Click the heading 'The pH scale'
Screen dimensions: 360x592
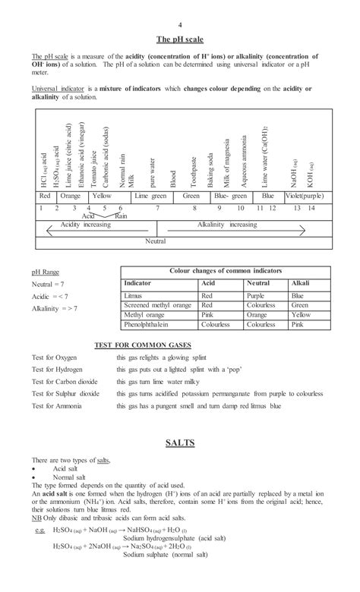pyautogui.click(x=180, y=39)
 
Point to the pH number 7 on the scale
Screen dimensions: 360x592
pyautogui.click(x=157, y=207)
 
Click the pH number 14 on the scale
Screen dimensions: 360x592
pyautogui.click(x=311, y=207)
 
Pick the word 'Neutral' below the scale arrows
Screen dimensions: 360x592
pyautogui.click(x=156, y=241)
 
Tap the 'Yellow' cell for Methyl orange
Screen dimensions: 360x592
pyautogui.click(x=301, y=314)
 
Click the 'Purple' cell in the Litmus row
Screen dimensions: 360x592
pyautogui.click(x=256, y=294)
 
